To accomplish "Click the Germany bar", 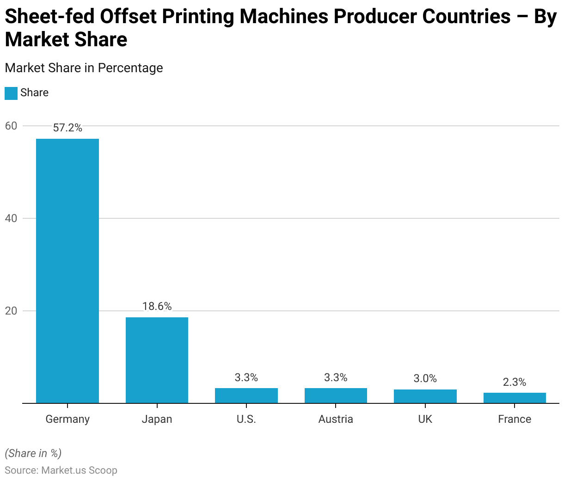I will [x=67, y=271].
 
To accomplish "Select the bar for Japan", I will [x=157, y=360].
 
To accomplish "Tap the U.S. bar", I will [x=246, y=395].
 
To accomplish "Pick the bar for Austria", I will [x=336, y=395].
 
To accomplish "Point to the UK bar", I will [x=425, y=396].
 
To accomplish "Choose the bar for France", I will [x=515, y=398].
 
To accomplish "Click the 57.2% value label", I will [x=67, y=128].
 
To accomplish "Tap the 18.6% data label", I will [x=157, y=306].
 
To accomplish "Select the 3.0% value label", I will [x=425, y=378].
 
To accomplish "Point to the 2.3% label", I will [x=515, y=382].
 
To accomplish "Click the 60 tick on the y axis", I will [x=11, y=126].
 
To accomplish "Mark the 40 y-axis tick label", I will [x=11, y=218].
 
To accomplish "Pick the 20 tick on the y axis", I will [x=11, y=311].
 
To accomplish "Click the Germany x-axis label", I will [x=67, y=419].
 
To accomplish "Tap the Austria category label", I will [x=336, y=419].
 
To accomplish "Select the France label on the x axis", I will [x=515, y=419].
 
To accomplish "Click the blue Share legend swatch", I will [x=11, y=93].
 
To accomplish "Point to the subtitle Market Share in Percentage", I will [x=84, y=68].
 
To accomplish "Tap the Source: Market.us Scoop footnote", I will [x=61, y=470].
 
